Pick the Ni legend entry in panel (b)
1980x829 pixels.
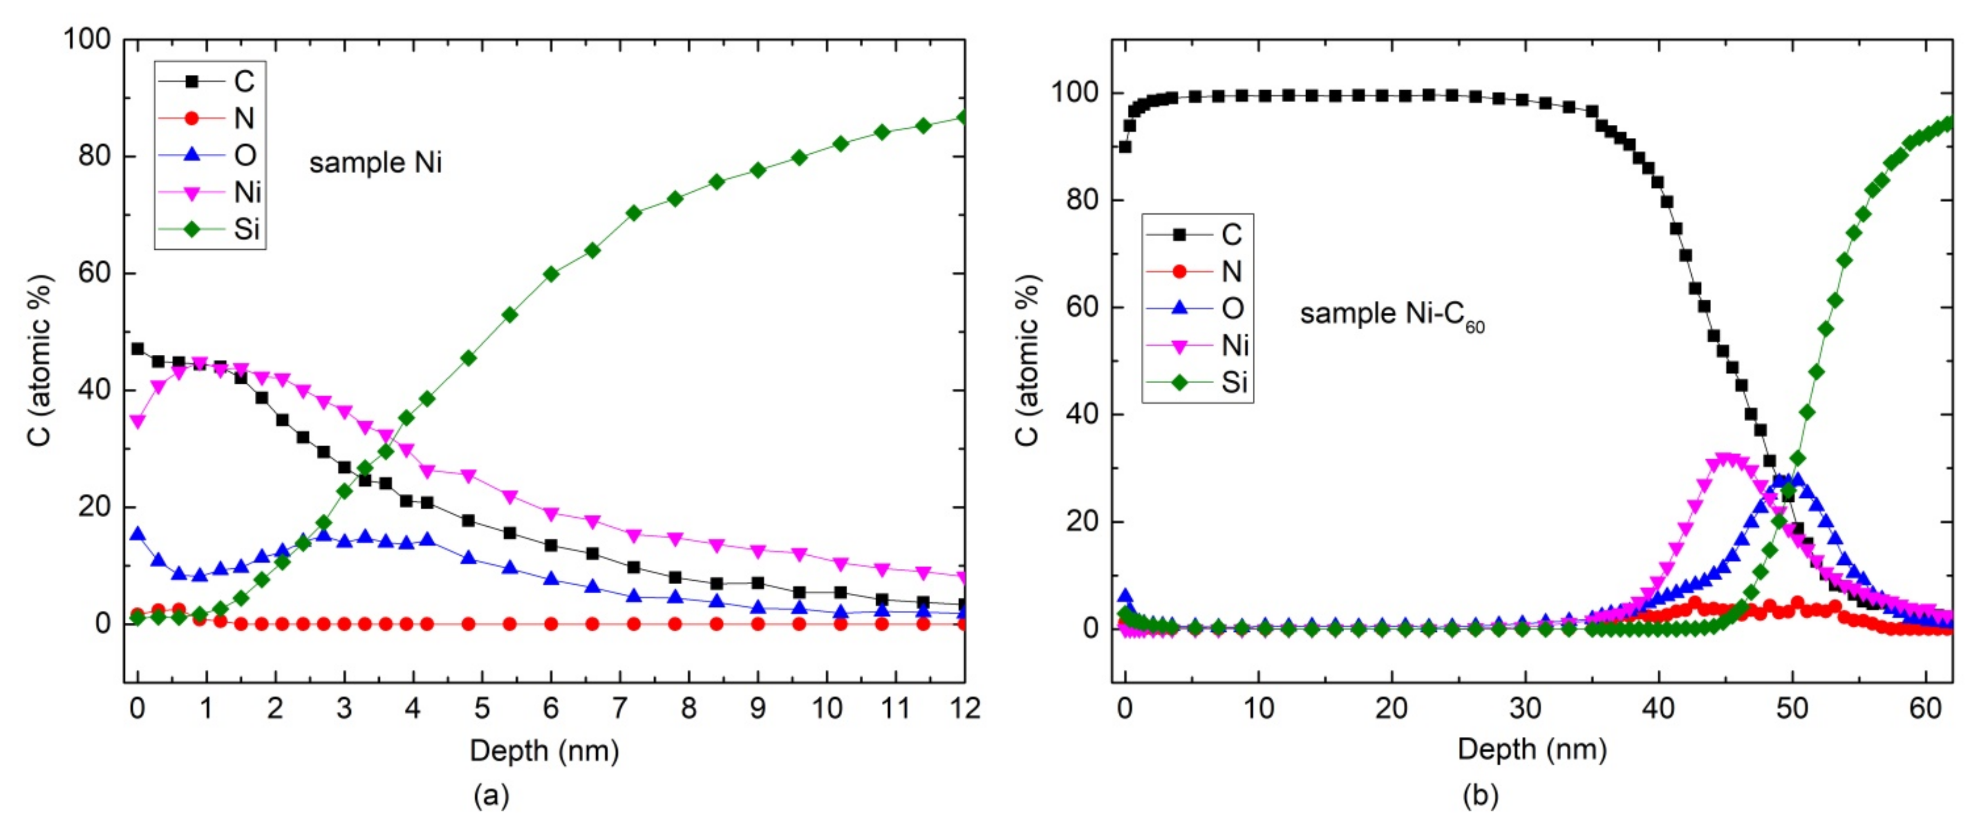coord(1199,346)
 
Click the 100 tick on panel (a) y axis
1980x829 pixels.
coord(87,39)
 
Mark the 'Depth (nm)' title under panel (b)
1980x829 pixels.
coord(1532,749)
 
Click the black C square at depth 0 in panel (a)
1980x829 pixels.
coord(137,349)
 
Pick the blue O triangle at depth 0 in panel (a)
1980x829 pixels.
coord(137,535)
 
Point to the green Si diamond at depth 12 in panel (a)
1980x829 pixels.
coord(963,118)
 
